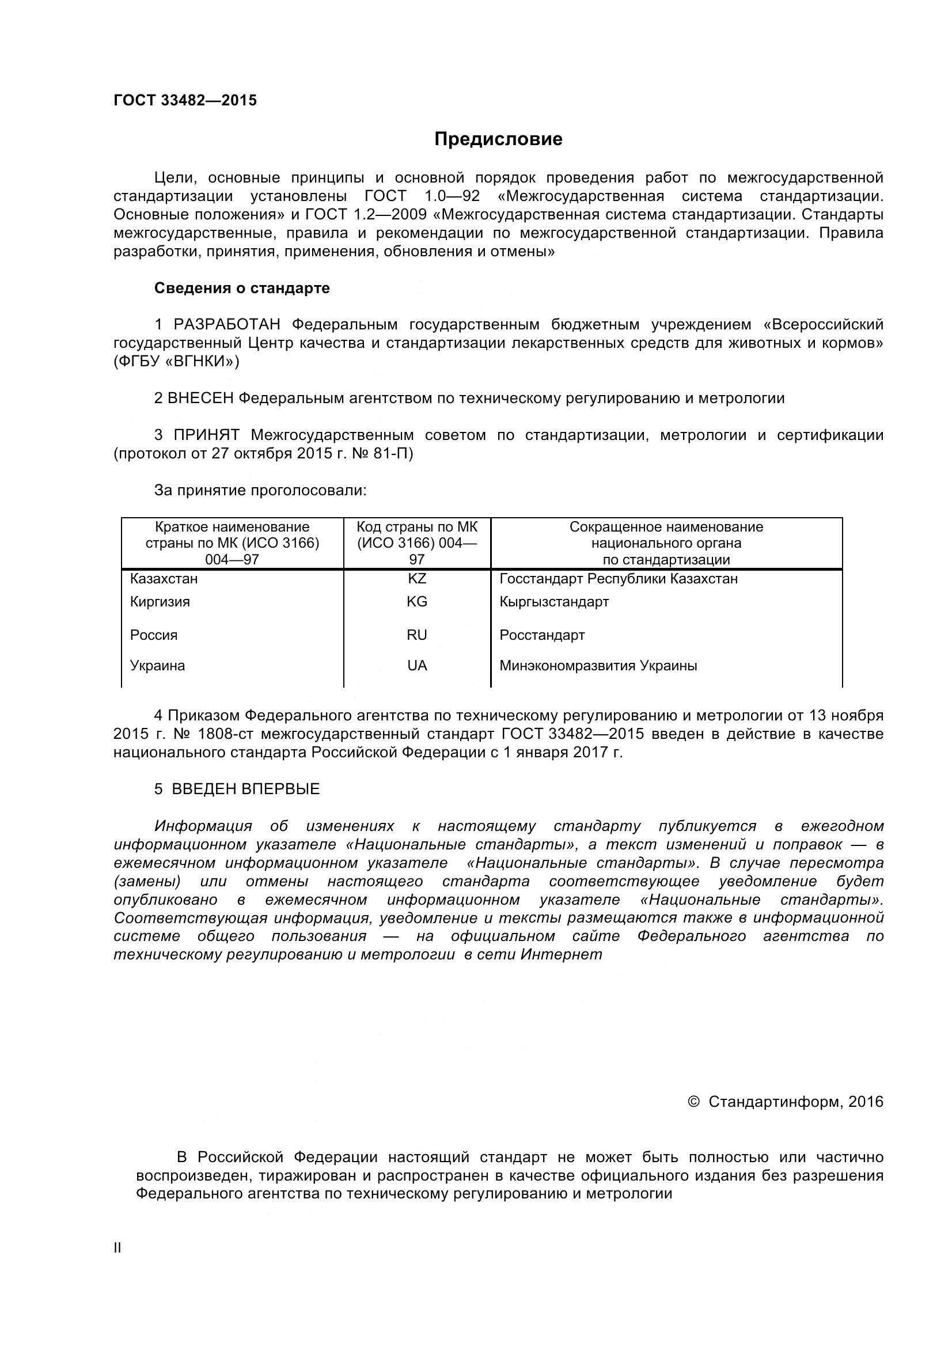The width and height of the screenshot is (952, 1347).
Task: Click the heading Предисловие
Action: point(498,139)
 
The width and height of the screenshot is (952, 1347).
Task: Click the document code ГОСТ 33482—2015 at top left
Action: point(185,100)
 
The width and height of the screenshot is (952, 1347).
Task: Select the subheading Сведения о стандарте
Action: point(242,288)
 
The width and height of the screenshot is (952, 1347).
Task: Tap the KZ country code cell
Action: point(417,578)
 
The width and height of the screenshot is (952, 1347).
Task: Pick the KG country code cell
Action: point(417,601)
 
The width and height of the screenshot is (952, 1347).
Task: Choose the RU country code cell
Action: point(417,635)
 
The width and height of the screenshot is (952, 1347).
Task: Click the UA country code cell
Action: point(417,665)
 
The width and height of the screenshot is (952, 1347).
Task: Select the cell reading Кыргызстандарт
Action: point(553,601)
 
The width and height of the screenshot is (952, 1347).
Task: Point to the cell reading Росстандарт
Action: point(542,635)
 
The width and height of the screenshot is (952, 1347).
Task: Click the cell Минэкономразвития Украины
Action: point(598,665)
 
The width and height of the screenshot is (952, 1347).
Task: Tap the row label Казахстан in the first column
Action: point(164,578)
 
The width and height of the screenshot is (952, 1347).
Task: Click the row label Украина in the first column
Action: point(157,665)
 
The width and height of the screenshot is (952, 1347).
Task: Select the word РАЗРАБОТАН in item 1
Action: point(227,324)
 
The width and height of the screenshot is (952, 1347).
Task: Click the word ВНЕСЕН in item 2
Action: point(200,399)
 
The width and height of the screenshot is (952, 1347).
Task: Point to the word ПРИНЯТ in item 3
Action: point(207,435)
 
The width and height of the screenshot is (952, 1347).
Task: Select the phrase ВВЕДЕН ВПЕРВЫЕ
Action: point(246,789)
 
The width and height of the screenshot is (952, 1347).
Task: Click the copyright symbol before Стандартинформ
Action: point(693,1102)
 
